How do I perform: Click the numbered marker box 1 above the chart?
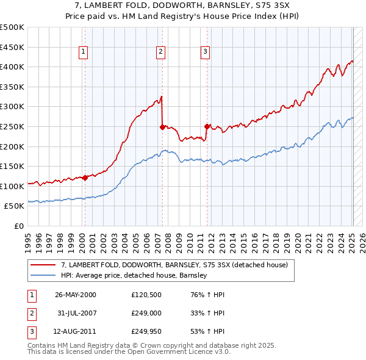coord(82,52)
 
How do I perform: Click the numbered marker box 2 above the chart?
coord(160,52)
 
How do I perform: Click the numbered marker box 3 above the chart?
coord(205,52)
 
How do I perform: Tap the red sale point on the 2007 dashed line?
coord(162,127)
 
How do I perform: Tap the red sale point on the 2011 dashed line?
coord(207,127)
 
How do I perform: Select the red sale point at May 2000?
coord(85,178)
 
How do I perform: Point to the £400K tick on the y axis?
coord(12,67)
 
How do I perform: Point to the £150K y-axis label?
coord(12,166)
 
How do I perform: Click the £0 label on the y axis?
coord(18,226)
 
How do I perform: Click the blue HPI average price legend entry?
coord(134,275)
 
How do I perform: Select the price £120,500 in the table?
coord(146,295)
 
